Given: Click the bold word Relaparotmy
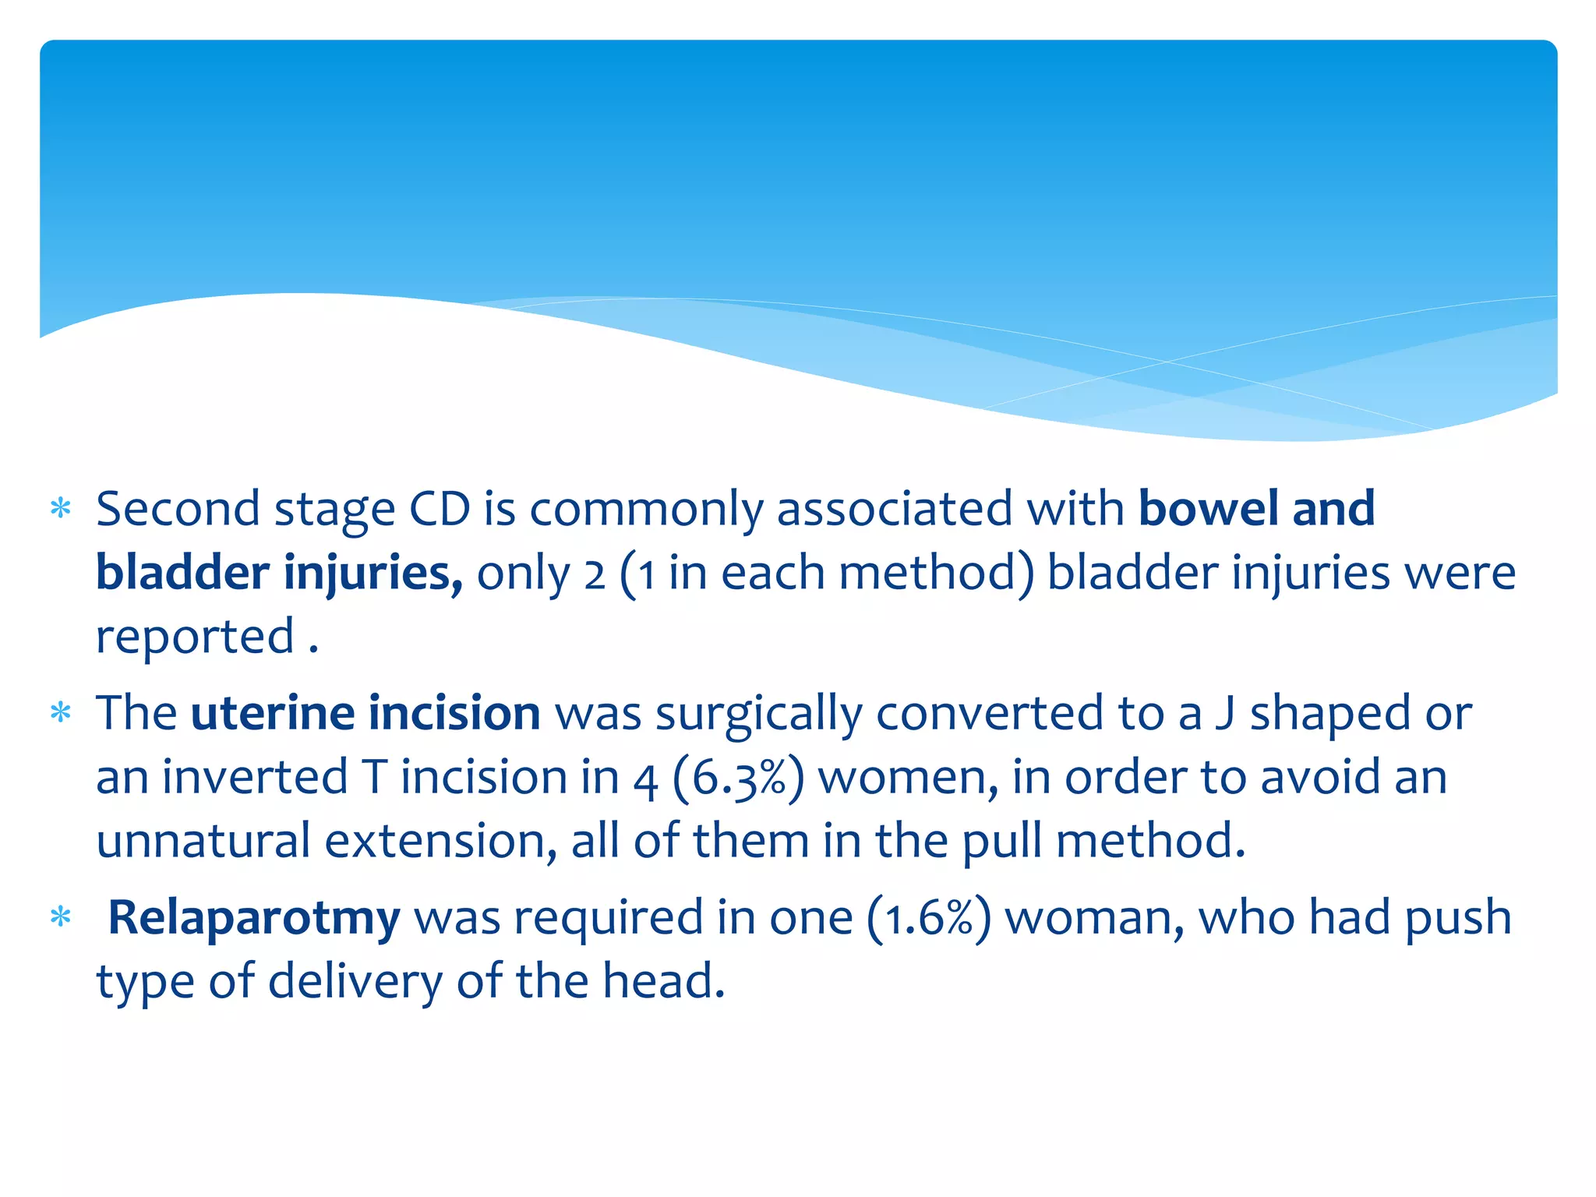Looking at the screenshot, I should [x=253, y=918].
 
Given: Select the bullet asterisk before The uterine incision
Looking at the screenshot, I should [x=60, y=714].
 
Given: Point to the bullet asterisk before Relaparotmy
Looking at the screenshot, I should [x=60, y=918].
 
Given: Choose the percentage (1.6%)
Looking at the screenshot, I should [x=929, y=918].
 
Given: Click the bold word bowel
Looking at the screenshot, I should [x=1206, y=509].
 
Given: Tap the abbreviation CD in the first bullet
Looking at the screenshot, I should [x=440, y=509].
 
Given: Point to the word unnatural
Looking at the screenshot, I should [x=203, y=841].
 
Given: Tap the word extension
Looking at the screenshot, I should [x=440, y=841].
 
